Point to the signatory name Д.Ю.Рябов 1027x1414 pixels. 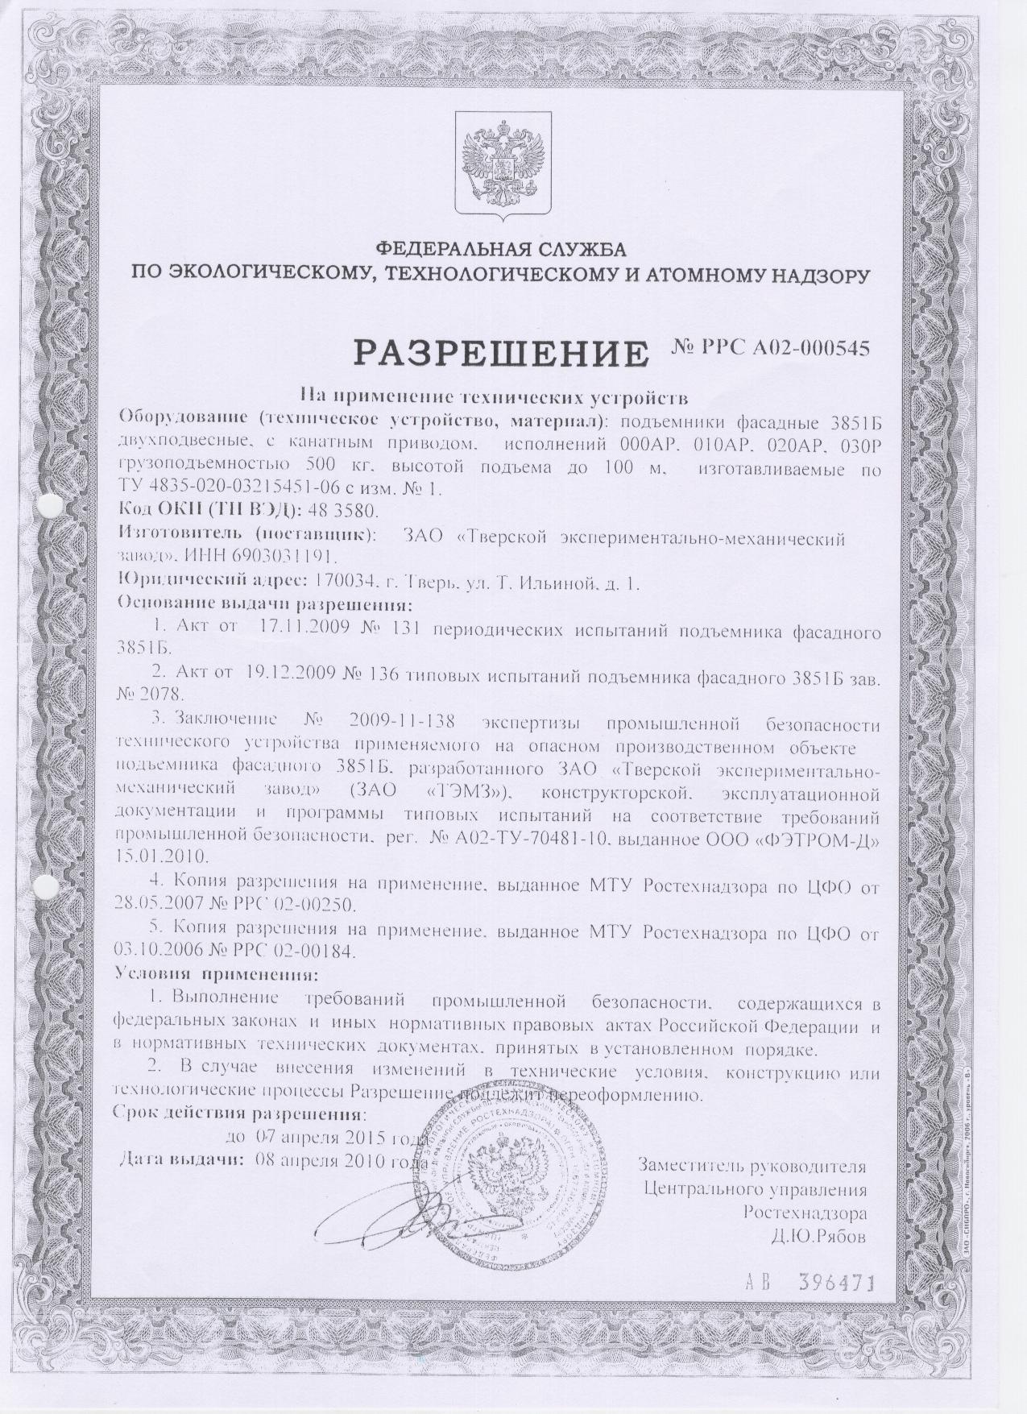(819, 1238)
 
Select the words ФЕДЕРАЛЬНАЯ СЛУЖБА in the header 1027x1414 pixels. (501, 247)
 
